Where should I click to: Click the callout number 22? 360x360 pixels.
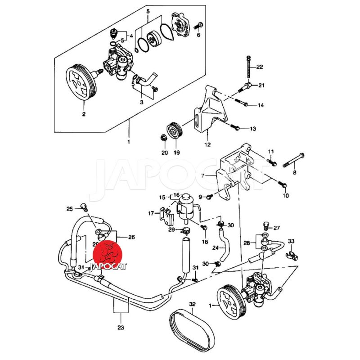260,67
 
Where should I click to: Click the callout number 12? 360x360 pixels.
207,145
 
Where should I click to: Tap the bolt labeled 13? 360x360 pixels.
237,128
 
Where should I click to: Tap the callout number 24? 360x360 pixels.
215,247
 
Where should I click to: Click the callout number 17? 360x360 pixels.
151,213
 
